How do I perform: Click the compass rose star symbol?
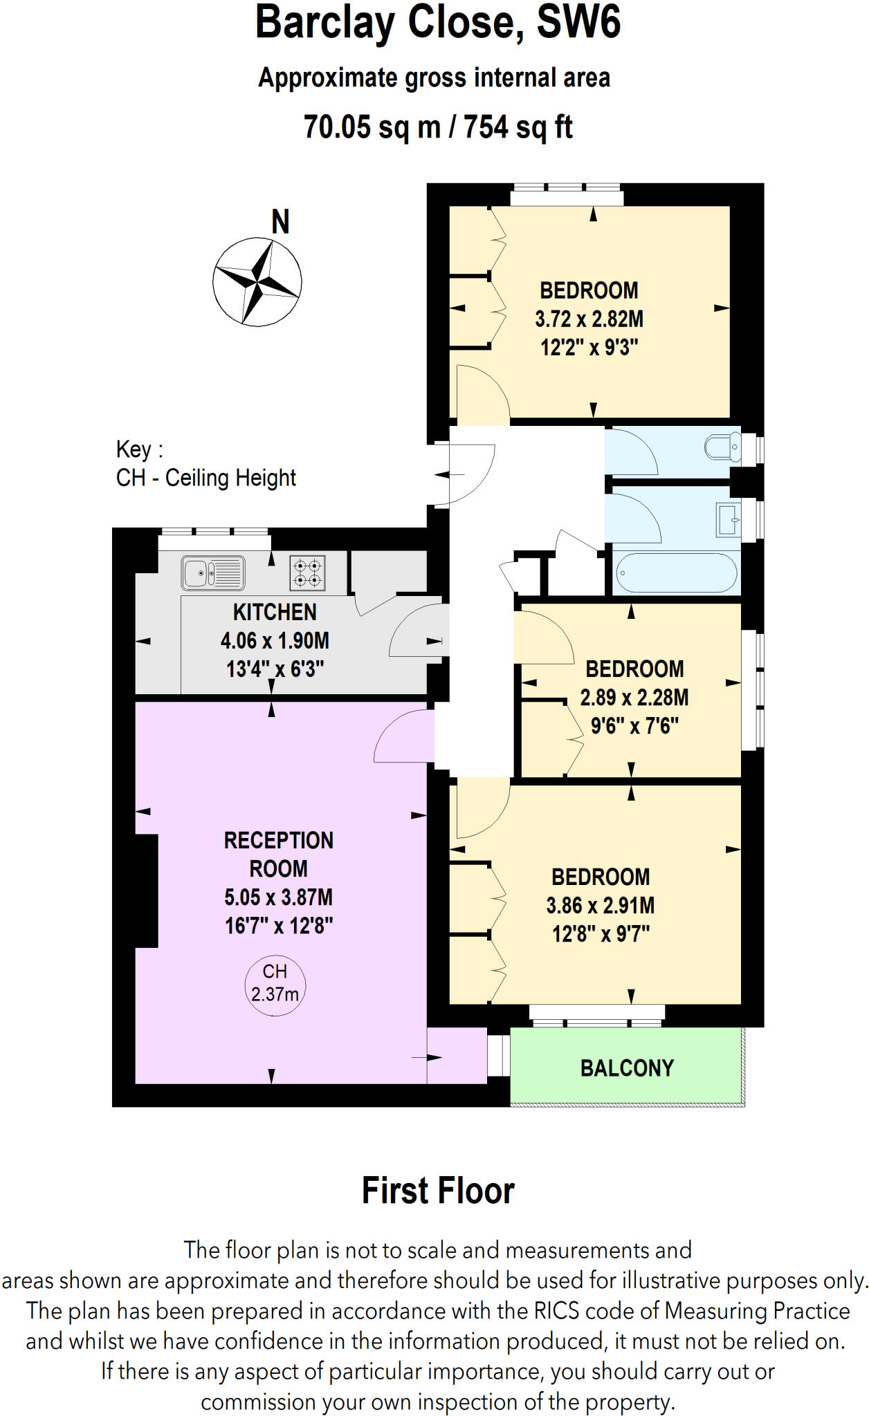tap(257, 282)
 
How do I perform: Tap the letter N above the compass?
tap(280, 223)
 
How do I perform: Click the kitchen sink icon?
tap(213, 573)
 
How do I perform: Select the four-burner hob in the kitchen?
tap(307, 573)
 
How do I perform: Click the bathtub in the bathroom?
tap(676, 572)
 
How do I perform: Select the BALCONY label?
tap(626, 1068)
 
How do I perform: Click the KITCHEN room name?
tap(275, 612)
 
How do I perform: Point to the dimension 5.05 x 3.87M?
tap(278, 897)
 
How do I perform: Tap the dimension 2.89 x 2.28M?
tap(634, 698)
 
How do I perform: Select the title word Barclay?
tap(324, 22)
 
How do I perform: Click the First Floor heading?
tap(438, 1191)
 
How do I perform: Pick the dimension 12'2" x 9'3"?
tap(589, 347)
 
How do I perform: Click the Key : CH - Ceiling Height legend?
tap(205, 464)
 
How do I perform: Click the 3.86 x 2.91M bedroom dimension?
tap(600, 906)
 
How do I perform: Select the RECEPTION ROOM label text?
tap(278, 855)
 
